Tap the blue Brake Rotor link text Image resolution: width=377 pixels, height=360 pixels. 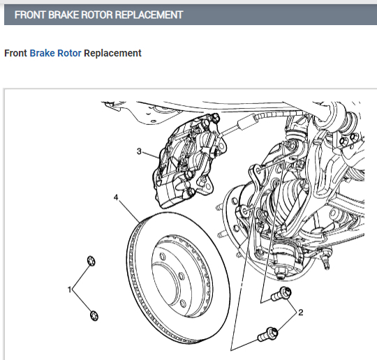[x=55, y=53]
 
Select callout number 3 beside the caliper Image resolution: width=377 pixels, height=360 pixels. [x=139, y=151]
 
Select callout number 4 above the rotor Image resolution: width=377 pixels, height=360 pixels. [x=116, y=197]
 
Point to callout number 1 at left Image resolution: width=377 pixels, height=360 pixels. [x=69, y=289]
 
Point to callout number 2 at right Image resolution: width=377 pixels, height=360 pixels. [x=301, y=313]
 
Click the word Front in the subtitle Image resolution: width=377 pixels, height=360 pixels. [x=15, y=53]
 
